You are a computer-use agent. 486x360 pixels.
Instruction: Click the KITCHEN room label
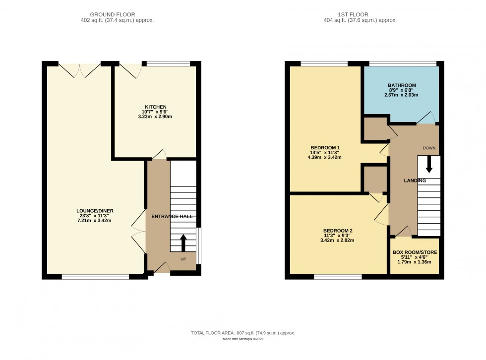(155, 107)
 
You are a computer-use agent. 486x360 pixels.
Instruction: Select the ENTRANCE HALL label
(172, 216)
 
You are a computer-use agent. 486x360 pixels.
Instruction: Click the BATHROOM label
(402, 85)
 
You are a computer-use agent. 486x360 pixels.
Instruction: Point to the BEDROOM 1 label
(325, 148)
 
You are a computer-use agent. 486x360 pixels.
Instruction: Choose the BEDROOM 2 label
(338, 231)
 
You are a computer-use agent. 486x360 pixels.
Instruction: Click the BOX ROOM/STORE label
(415, 252)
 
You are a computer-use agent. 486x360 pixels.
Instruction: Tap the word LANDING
(415, 180)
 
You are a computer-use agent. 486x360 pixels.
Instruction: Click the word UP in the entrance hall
(183, 259)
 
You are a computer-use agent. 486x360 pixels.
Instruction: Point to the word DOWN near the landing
(429, 148)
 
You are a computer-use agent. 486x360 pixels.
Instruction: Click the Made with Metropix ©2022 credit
(243, 339)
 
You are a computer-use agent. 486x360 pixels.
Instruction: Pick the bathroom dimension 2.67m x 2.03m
(402, 95)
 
